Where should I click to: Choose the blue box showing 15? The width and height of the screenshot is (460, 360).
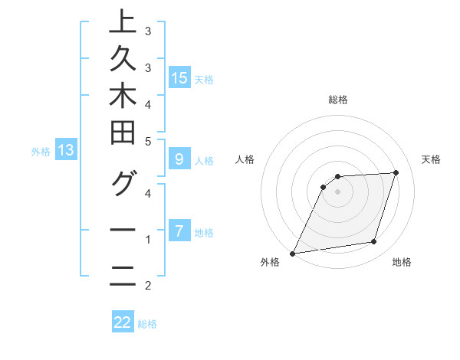[x=179, y=77]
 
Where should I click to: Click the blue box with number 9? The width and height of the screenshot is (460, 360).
[x=179, y=159]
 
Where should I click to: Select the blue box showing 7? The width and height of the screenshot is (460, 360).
[x=179, y=231]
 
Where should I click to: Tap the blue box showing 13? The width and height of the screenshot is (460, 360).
[x=66, y=150]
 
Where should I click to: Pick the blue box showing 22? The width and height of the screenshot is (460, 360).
[x=123, y=322]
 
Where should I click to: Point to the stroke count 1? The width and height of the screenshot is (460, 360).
[x=148, y=241]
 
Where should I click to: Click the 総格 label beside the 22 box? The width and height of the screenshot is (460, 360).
[x=147, y=324]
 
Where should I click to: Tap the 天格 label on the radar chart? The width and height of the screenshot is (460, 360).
[x=431, y=159]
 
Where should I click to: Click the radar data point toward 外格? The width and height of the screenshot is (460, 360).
[x=292, y=254]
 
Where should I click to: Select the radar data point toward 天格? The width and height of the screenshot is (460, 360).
[x=396, y=172]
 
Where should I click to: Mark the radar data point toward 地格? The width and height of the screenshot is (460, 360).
[x=374, y=242]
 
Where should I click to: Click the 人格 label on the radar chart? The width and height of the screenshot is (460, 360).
[x=245, y=159]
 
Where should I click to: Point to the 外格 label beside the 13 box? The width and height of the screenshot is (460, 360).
[x=41, y=152]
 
